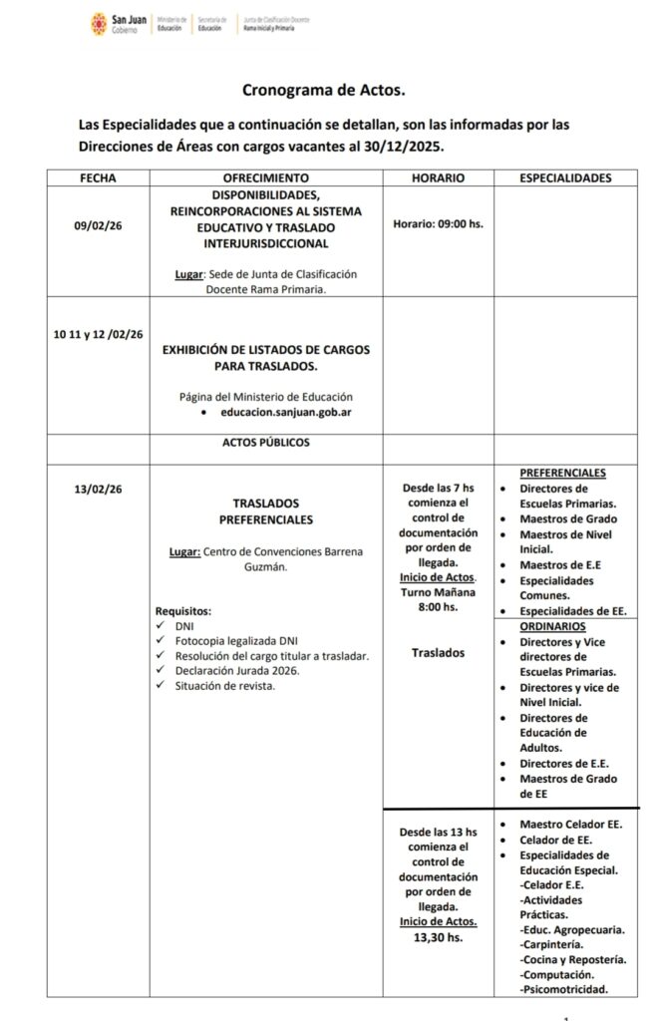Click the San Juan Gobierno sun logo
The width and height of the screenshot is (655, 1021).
tap(99, 23)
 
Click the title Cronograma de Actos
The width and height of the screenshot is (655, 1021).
tap(325, 90)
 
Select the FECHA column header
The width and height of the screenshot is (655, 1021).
tap(98, 178)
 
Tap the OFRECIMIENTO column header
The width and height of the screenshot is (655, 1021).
tap(266, 178)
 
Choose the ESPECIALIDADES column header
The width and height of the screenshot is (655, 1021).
tap(566, 178)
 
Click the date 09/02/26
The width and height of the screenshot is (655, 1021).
tap(98, 226)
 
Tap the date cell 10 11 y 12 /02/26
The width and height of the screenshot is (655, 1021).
tap(99, 334)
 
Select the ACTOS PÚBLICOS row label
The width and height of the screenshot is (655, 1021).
tap(265, 442)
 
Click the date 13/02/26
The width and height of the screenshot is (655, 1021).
tap(98, 489)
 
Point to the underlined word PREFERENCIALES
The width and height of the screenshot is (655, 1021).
tap(563, 473)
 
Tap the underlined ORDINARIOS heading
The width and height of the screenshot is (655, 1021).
tap(552, 626)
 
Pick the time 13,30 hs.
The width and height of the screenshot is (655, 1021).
tap(438, 937)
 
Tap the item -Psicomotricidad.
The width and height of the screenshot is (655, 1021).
tap(564, 989)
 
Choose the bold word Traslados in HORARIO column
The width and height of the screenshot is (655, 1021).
tap(438, 652)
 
